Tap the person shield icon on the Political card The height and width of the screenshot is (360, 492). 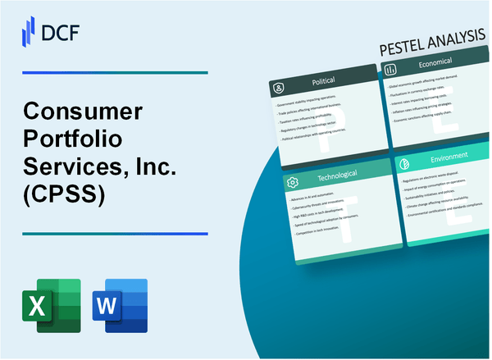coord(278,85)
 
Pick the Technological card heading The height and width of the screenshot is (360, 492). coord(333,178)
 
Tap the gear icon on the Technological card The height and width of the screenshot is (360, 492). coord(293,180)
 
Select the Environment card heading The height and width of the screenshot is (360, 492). coord(449,155)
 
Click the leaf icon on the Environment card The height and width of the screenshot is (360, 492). coord(403,163)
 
